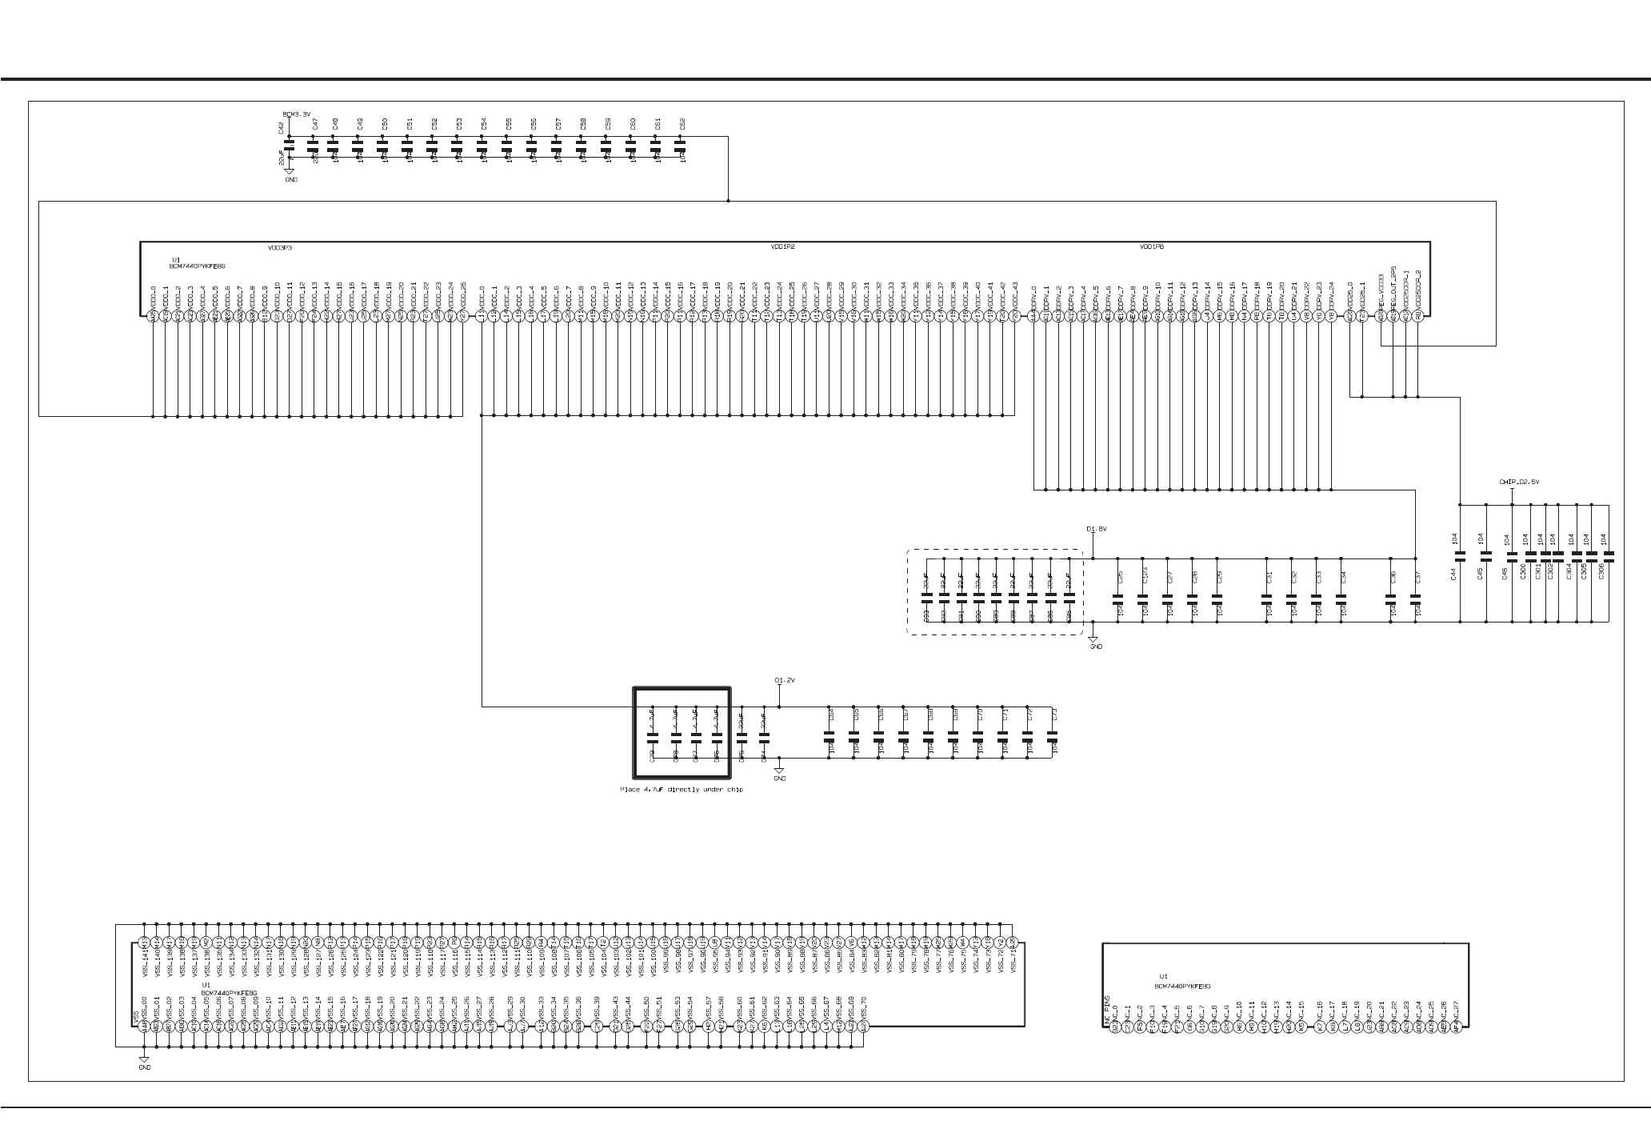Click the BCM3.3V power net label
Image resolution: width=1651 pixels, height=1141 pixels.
point(297,114)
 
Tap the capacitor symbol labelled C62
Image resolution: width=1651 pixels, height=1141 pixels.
point(681,147)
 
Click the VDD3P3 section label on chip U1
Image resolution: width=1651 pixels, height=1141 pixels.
point(280,248)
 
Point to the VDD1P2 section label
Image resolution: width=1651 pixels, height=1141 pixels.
point(782,248)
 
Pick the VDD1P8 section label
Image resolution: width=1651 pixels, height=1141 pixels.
point(1152,248)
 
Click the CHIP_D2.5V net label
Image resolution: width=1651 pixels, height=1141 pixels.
point(1519,482)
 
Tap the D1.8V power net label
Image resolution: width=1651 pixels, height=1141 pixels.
point(1096,529)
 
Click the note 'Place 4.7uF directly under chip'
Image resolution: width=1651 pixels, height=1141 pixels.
point(681,790)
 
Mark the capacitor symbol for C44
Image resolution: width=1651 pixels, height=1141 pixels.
point(1460,554)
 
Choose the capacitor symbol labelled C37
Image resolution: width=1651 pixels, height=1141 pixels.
point(1417,597)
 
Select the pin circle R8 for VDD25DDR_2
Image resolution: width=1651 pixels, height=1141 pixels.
point(1417,317)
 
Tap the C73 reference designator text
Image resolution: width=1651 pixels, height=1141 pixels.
point(1054,713)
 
